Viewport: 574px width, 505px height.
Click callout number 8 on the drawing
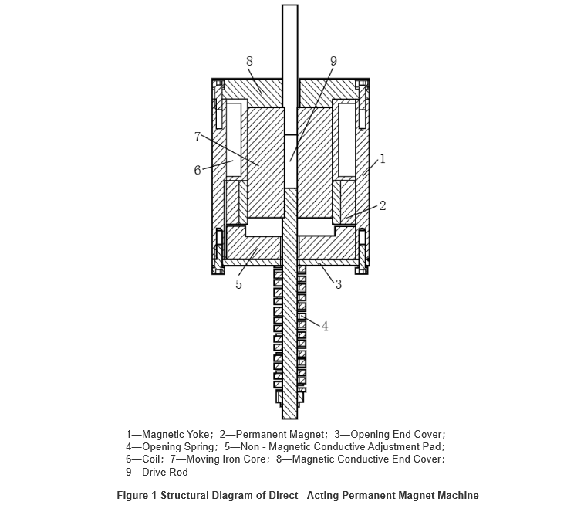point(249,61)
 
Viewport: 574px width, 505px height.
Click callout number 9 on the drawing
point(333,61)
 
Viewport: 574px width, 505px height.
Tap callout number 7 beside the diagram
point(198,137)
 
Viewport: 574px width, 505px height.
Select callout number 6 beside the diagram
point(198,170)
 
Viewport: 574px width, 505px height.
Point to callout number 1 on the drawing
point(383,159)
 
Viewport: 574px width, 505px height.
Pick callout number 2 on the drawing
point(383,206)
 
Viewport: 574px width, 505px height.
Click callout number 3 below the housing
point(338,284)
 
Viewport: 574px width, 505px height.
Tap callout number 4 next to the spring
point(325,326)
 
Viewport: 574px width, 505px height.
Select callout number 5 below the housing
point(238,284)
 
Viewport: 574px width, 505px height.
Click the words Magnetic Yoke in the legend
point(175,434)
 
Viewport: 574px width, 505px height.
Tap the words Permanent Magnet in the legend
point(280,434)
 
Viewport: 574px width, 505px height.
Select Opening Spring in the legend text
point(178,447)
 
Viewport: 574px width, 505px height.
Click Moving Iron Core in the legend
point(227,459)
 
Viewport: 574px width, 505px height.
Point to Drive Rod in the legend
point(165,472)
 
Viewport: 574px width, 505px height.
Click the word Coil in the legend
point(150,459)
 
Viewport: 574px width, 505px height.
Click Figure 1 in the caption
point(137,496)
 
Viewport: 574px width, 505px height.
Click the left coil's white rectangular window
point(234,139)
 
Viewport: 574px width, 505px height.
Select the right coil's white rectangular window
point(346,139)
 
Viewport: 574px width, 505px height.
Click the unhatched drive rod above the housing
point(290,69)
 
